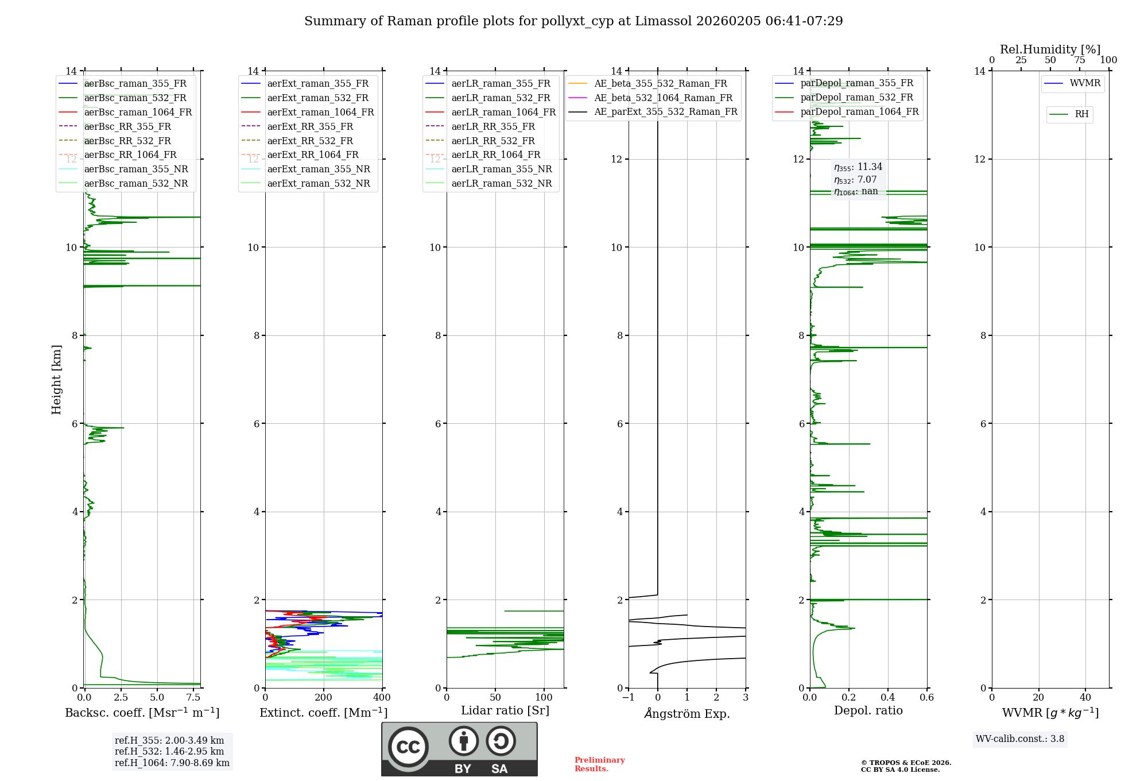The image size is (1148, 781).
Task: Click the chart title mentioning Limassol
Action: pyautogui.click(x=573, y=21)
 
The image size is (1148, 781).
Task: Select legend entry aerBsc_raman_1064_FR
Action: pyautogui.click(x=138, y=112)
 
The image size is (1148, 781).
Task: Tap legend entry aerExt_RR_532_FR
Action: pyautogui.click(x=310, y=141)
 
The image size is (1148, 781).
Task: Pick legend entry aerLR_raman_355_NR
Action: pyautogui.click(x=501, y=169)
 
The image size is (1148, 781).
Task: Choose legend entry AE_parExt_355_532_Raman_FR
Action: pyautogui.click(x=665, y=111)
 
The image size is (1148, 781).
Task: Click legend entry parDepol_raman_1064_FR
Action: pyautogui.click(x=859, y=111)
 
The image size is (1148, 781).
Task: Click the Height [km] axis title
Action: pyautogui.click(x=56, y=380)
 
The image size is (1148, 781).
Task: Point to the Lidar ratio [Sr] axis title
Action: pyautogui.click(x=505, y=710)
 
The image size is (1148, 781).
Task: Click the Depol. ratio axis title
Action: pyautogui.click(x=868, y=710)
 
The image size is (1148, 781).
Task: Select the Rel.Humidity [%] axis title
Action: pyautogui.click(x=1050, y=49)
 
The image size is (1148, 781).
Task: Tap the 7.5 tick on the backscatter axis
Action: pyautogui.click(x=193, y=698)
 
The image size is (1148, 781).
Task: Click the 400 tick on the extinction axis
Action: pyautogui.click(x=382, y=698)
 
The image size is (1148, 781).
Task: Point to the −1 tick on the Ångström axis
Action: pyautogui.click(x=628, y=698)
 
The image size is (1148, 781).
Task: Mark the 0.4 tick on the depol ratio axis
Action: pyautogui.click(x=888, y=698)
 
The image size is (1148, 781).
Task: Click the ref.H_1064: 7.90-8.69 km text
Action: pyautogui.click(x=172, y=763)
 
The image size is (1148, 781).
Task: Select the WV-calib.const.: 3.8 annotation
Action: pyautogui.click(x=1020, y=739)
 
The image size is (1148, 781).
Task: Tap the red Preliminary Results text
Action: pyautogui.click(x=599, y=764)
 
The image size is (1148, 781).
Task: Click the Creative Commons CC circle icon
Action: pyautogui.click(x=408, y=747)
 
